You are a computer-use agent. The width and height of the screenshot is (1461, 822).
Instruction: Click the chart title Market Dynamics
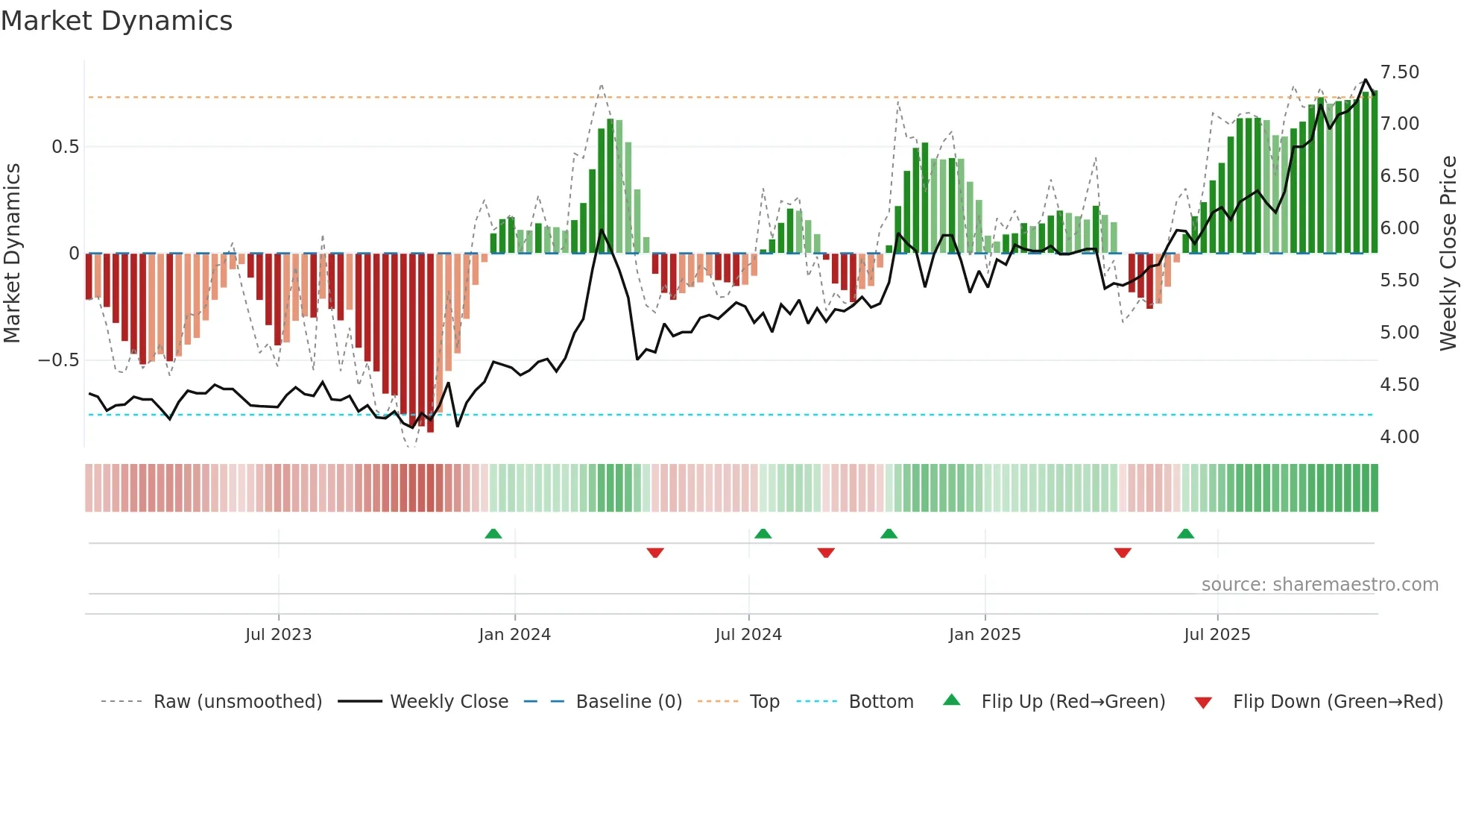click(x=117, y=21)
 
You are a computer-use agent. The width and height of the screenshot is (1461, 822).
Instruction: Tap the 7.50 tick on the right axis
click(x=1399, y=72)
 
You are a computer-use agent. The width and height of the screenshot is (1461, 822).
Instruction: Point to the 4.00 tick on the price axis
click(x=1399, y=437)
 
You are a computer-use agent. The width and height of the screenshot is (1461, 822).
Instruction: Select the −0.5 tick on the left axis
click(x=58, y=360)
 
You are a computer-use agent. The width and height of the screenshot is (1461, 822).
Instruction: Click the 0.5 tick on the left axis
click(x=65, y=147)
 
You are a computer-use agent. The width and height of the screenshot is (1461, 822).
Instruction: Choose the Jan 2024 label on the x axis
click(x=514, y=635)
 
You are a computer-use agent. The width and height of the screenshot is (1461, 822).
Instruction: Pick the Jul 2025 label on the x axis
click(x=1217, y=635)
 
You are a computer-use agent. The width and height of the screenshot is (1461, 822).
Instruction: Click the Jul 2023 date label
click(x=278, y=635)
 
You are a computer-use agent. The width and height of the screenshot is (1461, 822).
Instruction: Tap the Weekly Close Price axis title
click(x=1448, y=253)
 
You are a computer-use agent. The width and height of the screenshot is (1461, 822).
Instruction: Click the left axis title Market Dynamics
click(x=12, y=253)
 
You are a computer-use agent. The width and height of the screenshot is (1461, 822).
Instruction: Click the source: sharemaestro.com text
click(x=1319, y=585)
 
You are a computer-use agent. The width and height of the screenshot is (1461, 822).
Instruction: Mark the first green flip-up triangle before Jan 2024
click(x=493, y=533)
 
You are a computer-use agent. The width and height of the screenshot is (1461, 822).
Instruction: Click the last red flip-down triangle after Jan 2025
click(x=1123, y=553)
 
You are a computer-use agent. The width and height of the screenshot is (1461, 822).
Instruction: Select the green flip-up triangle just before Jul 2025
click(x=1185, y=533)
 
